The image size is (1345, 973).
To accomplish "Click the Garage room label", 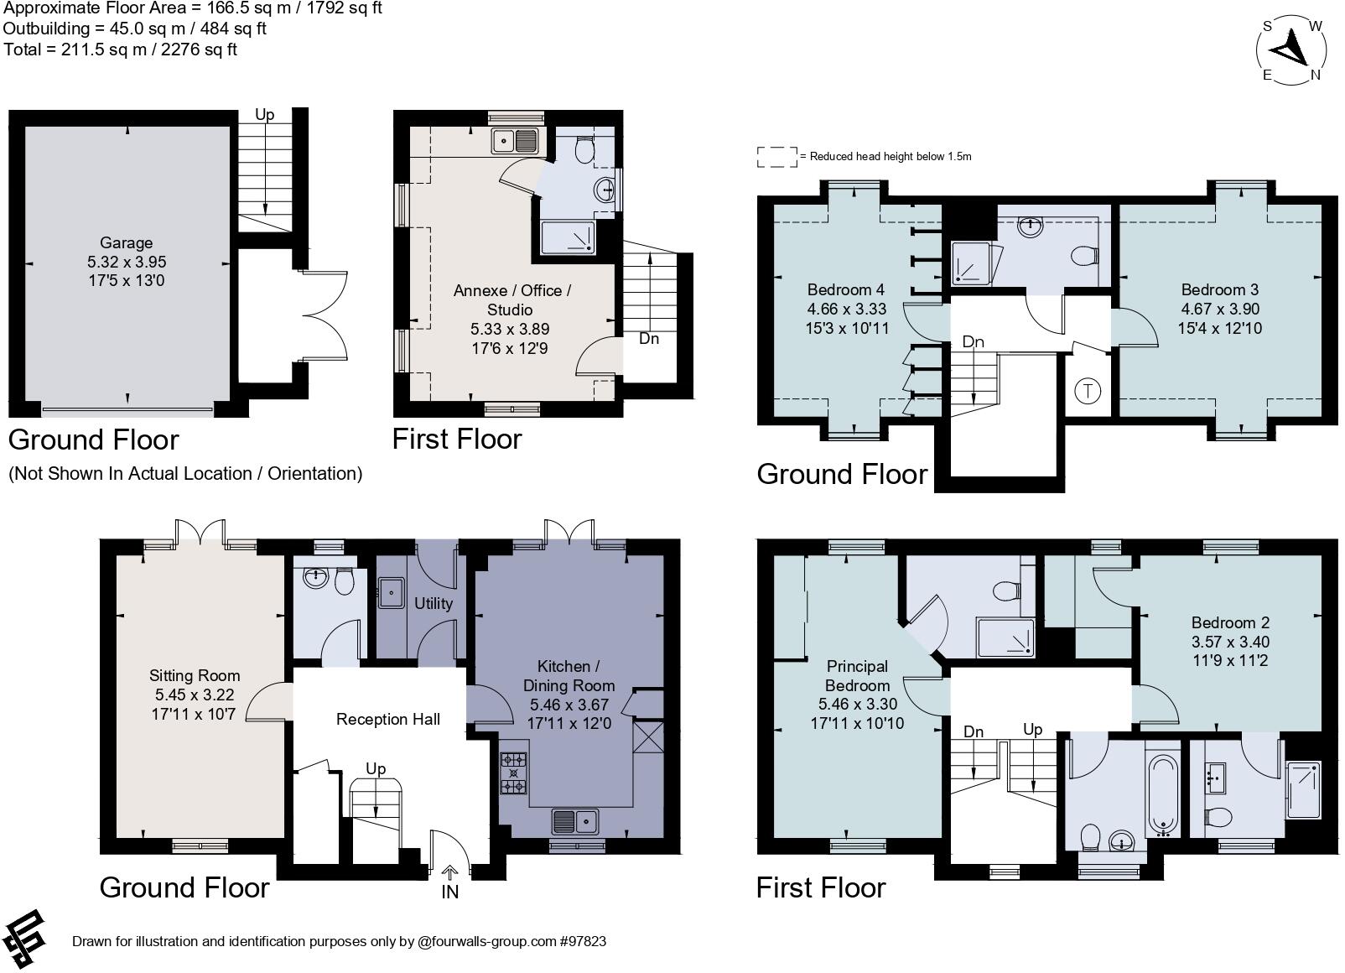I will [127, 243].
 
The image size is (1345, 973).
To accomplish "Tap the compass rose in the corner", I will [1292, 49].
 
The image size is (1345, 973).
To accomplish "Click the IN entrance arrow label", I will [450, 892].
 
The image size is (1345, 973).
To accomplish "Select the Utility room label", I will [434, 603].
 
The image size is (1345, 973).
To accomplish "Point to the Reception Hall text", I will [387, 719].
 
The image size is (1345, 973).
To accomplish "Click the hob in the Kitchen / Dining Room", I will [513, 773].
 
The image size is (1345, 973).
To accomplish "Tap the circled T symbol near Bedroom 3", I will [1088, 391].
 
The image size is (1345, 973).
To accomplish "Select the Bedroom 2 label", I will [1230, 622].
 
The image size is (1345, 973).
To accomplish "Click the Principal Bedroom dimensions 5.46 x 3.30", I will [856, 705].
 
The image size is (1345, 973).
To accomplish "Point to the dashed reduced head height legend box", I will [777, 157].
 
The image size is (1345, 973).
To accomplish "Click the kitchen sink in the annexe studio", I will [516, 141].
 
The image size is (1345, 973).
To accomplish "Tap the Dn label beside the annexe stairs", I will [649, 339].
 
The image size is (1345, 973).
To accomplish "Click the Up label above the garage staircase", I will [264, 115].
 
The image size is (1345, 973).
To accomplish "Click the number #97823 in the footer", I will [582, 941].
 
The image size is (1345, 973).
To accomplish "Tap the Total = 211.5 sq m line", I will [120, 49].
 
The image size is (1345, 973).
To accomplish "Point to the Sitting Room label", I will [195, 675].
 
